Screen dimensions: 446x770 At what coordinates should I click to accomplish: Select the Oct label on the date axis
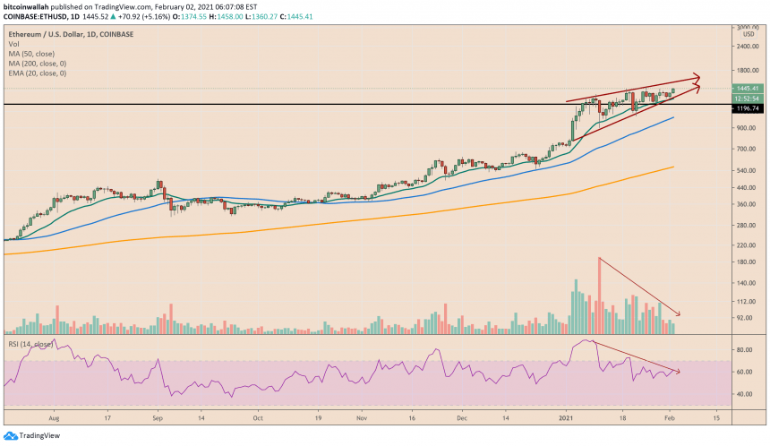tap(257, 417)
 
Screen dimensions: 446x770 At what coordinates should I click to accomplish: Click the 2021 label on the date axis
tap(566, 417)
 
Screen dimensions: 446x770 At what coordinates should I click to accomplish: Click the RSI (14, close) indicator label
tap(30, 343)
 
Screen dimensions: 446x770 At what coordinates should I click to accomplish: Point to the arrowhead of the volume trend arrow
tap(679, 313)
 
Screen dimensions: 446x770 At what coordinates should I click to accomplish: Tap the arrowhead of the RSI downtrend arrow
tap(679, 371)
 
